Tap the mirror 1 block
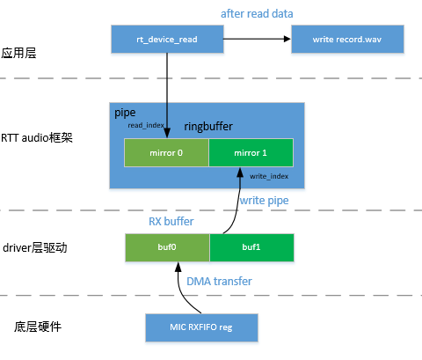[x=251, y=152]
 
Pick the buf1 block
[x=251, y=247]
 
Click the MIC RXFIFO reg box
[x=201, y=328]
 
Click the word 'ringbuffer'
[x=208, y=127]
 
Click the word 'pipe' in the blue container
[x=125, y=114]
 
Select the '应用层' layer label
[x=18, y=53]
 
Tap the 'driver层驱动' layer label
[x=34, y=248]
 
